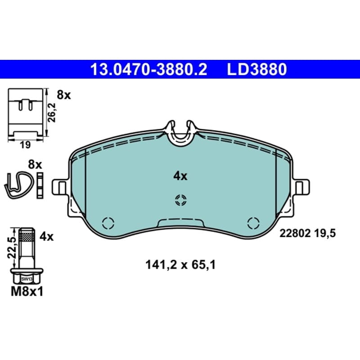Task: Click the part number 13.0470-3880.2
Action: (x=149, y=70)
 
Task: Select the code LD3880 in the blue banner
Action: (x=257, y=70)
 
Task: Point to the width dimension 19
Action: (x=25, y=145)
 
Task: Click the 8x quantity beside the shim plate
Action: (x=64, y=95)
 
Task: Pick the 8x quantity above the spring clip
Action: (x=35, y=165)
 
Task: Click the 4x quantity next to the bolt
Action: (x=46, y=237)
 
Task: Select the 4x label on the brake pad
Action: (x=180, y=176)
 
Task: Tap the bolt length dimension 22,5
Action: (x=12, y=248)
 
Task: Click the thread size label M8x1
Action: (x=27, y=292)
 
